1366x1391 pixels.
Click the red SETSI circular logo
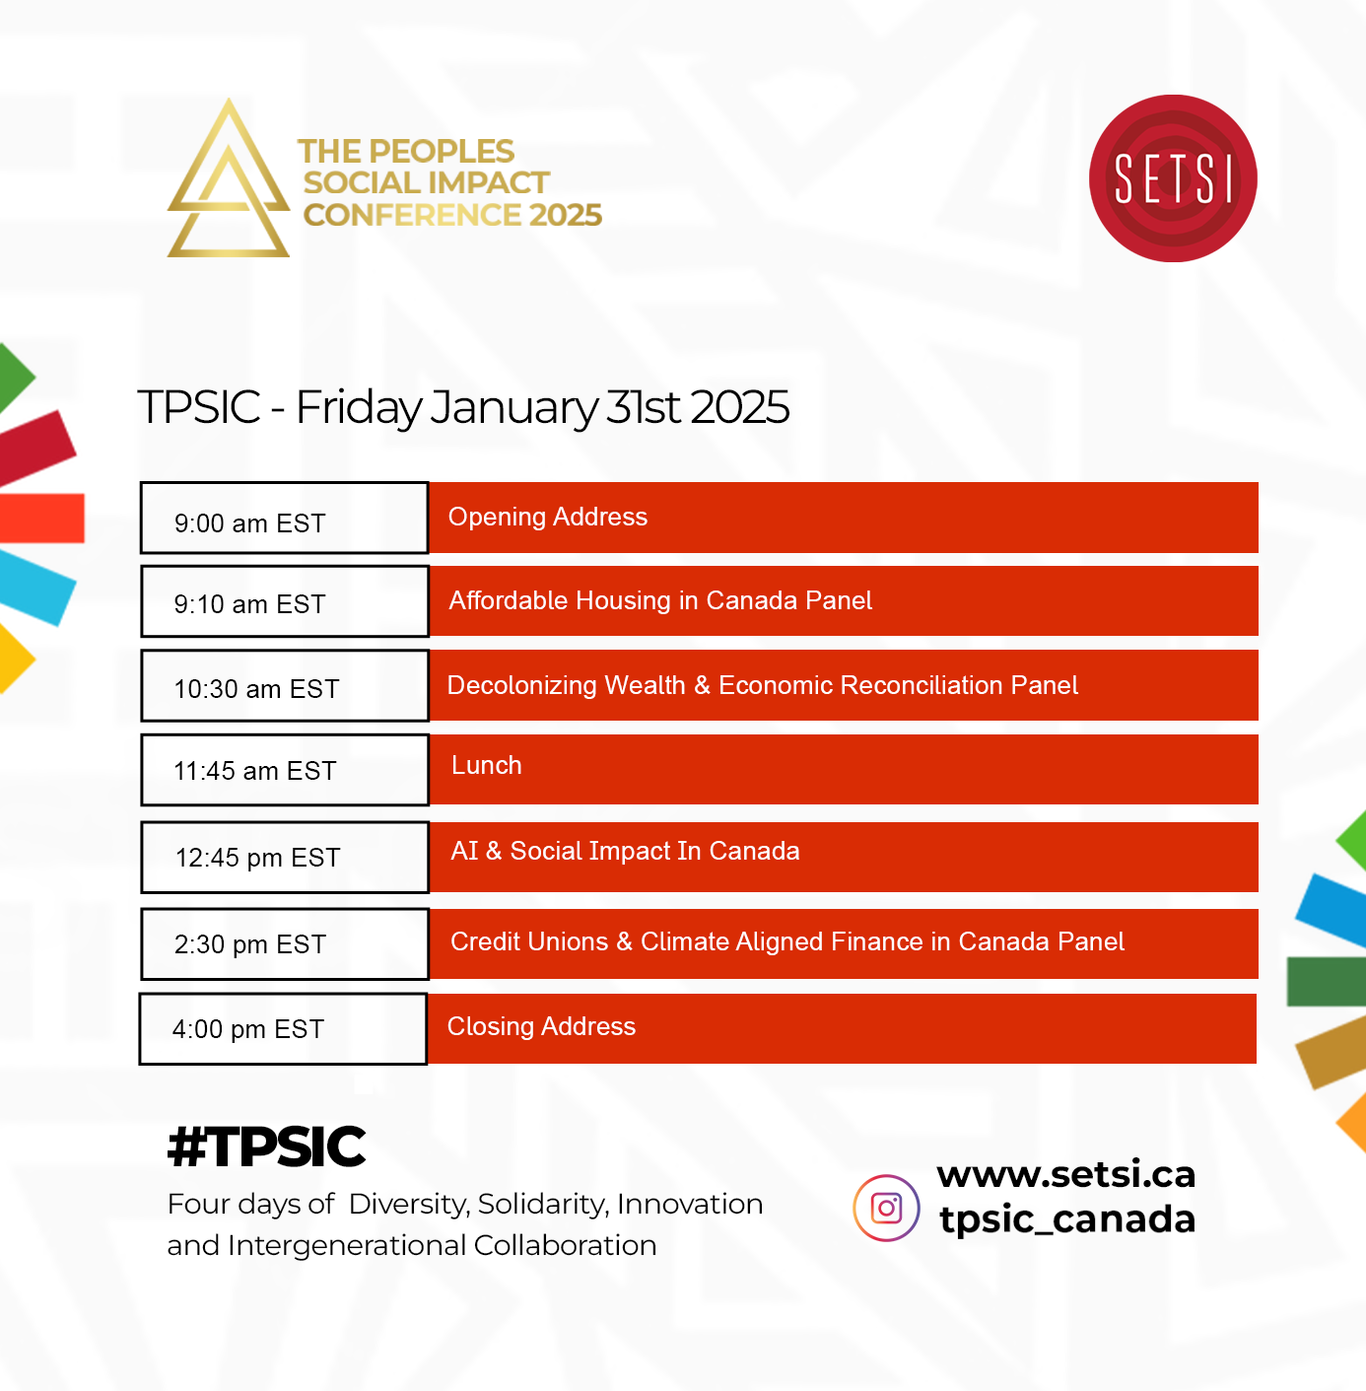pos(1173,178)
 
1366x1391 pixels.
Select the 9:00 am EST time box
pos(285,518)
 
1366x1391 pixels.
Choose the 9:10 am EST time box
pos(285,601)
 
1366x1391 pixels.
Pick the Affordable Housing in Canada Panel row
pos(844,600)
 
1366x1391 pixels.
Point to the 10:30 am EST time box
pos(285,686)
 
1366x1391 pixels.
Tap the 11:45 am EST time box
pos(285,770)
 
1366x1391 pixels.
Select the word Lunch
pos(487,765)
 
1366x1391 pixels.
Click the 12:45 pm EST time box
pos(285,857)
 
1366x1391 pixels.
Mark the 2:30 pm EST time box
pos(285,943)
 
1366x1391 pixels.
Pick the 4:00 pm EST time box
pos(283,1028)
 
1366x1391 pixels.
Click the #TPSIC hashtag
pos(266,1147)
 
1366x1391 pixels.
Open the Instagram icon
pos(886,1208)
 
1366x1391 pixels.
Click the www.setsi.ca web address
pos(1065,1174)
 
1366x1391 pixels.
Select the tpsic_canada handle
pos(1067,1219)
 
